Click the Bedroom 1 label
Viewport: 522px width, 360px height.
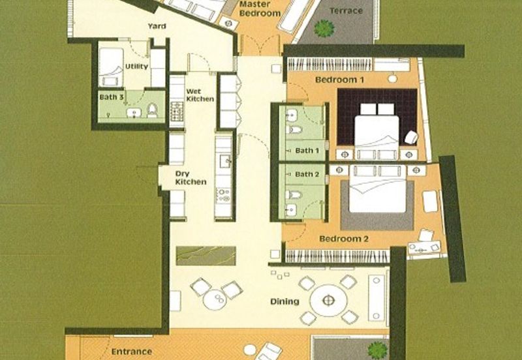(339, 80)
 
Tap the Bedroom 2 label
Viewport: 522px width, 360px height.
(344, 239)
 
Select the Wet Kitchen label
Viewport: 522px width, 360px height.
(200, 95)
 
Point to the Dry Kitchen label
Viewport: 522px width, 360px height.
(191, 177)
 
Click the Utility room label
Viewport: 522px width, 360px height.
(136, 67)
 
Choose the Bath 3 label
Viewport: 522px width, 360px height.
(112, 97)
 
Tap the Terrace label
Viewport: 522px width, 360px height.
(346, 10)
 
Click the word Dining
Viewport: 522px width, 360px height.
(284, 301)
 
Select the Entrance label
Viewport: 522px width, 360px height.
(132, 352)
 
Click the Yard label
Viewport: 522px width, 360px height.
(157, 26)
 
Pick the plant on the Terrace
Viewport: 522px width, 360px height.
(324, 28)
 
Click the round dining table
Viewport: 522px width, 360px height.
(328, 301)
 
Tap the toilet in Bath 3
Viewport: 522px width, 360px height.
(152, 110)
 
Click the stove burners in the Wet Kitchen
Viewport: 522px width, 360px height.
(177, 112)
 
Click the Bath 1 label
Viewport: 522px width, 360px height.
(307, 151)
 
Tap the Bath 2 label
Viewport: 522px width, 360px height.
(307, 174)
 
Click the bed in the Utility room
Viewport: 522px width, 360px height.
(111, 68)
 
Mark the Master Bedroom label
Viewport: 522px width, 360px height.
(260, 9)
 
